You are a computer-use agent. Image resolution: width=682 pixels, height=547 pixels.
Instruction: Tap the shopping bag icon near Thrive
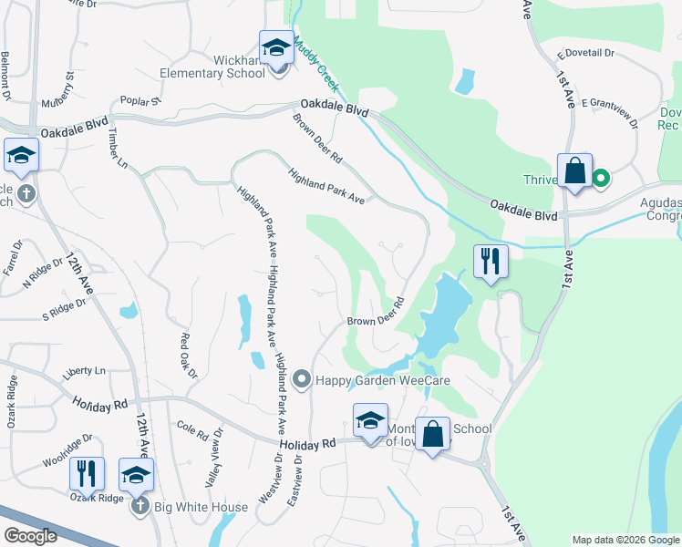[x=575, y=170]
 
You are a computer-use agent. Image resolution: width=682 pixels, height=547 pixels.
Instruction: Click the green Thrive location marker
[x=600, y=179]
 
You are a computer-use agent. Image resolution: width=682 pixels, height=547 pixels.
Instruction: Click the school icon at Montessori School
[x=370, y=421]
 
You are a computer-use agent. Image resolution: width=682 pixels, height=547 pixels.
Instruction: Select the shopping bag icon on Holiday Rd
[x=433, y=432]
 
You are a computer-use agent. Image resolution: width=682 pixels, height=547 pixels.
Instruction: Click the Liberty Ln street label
[x=84, y=371]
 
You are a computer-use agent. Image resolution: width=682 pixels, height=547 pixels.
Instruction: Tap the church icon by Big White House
[x=139, y=506]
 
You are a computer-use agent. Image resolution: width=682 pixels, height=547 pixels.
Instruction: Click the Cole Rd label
[x=192, y=429]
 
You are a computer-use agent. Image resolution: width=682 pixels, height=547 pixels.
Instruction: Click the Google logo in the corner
[x=29, y=536]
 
